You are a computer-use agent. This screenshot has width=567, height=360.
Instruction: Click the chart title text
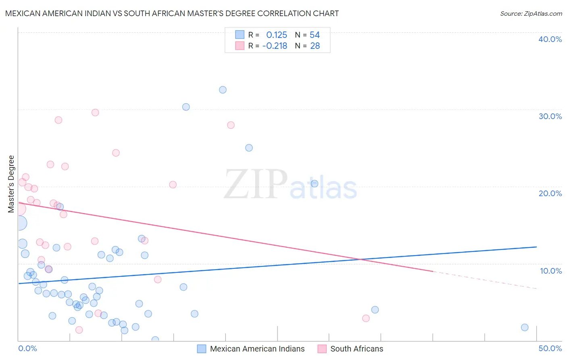(x=172, y=13)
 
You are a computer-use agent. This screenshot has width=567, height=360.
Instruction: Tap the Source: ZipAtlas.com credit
(x=531, y=13)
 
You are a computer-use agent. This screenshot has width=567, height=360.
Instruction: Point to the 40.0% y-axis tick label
(x=550, y=39)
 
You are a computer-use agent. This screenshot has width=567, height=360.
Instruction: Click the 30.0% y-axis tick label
(x=550, y=116)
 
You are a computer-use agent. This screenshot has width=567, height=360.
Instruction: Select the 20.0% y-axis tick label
(x=550, y=193)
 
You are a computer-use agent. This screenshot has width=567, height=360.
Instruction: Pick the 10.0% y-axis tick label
(x=550, y=271)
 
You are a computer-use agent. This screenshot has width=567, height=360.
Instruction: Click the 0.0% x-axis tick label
(x=27, y=348)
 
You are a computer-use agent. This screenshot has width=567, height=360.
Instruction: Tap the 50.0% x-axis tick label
(x=550, y=348)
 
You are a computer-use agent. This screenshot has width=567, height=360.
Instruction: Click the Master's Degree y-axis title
(x=11, y=184)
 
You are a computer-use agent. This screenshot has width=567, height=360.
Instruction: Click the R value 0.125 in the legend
(x=277, y=35)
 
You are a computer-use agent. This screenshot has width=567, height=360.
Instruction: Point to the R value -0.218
(x=275, y=46)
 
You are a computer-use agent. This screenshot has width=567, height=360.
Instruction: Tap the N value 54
(x=315, y=35)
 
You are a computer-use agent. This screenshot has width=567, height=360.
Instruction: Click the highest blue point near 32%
(x=223, y=90)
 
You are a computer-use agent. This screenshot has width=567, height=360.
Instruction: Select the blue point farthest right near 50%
(x=525, y=327)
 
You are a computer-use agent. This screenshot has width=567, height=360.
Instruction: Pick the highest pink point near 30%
(x=95, y=113)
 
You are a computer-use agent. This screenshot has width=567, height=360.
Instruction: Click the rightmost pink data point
(x=366, y=318)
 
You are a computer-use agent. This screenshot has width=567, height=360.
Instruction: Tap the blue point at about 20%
(x=315, y=184)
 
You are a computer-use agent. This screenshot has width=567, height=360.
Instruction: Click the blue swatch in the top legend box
(x=240, y=35)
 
